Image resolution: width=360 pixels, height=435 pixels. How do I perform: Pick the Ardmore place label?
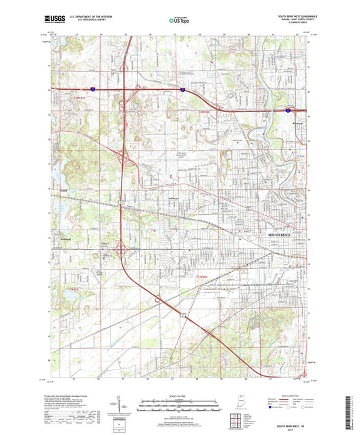pyautogui.click(x=60, y=238)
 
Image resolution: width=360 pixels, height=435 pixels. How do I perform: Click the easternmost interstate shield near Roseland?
pyautogui.click(x=289, y=109)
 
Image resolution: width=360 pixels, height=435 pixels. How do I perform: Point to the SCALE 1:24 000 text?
pyautogui.click(x=179, y=396)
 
